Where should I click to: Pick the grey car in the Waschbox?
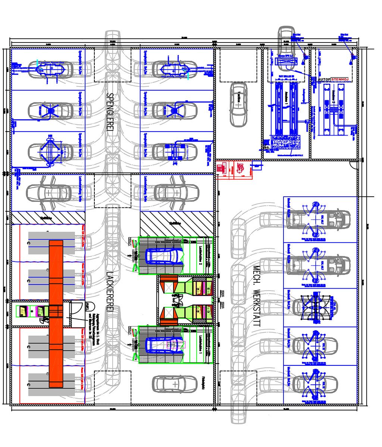[x=238, y=104]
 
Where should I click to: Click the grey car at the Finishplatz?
[x=175, y=384]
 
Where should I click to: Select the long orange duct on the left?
[x=56, y=314]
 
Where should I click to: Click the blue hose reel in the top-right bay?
[x=351, y=57]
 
